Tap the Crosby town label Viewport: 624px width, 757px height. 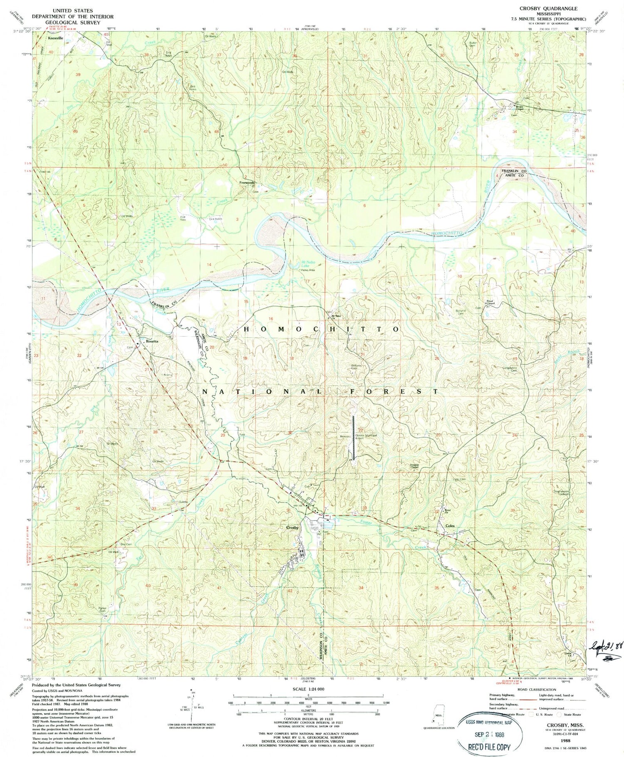(292, 527)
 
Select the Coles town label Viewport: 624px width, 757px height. (450, 526)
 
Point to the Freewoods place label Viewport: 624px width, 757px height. (247, 183)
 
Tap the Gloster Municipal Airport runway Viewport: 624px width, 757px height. (353, 437)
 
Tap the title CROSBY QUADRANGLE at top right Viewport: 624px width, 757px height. (552, 8)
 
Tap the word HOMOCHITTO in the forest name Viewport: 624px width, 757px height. (321, 329)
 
